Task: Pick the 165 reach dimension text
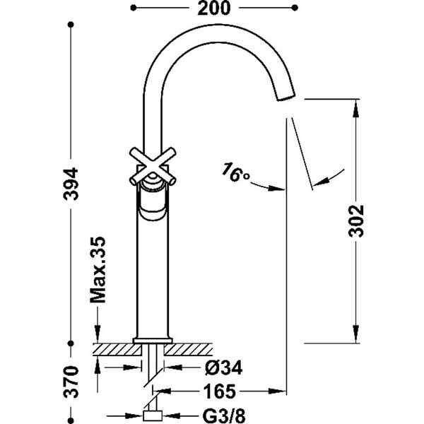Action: pyautogui.click(x=221, y=390)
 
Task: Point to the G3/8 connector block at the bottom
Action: pyautogui.click(x=153, y=415)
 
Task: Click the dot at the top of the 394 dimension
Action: pyautogui.click(x=71, y=26)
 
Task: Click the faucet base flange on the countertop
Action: pyautogui.click(x=152, y=340)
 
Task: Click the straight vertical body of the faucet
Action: pyautogui.click(x=152, y=276)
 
